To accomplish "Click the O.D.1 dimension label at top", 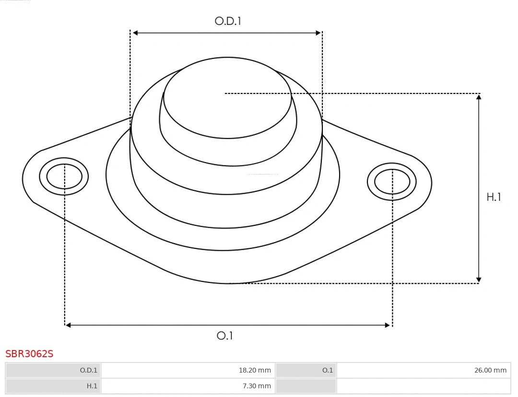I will pyautogui.click(x=227, y=21).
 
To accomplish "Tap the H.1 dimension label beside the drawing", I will pyautogui.click(x=494, y=197).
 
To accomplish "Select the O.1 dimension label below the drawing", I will pyautogui.click(x=224, y=336).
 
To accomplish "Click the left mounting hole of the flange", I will pyautogui.click(x=64, y=176).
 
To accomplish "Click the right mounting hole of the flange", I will pyautogui.click(x=392, y=182).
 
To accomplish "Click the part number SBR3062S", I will pyautogui.click(x=29, y=354).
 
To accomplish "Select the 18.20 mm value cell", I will pyautogui.click(x=188, y=370).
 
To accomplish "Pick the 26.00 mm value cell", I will pyautogui.click(x=424, y=370).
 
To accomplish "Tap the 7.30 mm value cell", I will pyautogui.click(x=188, y=385).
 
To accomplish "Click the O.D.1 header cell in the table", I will pyautogui.click(x=53, y=370).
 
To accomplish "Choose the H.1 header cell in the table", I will pyautogui.click(x=53, y=385).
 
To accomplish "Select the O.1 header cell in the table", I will pyautogui.click(x=306, y=370).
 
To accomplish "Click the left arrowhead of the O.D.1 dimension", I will pyautogui.click(x=135, y=33).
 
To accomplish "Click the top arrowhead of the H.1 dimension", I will pyautogui.click(x=478, y=97).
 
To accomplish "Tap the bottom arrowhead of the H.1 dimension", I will pyautogui.click(x=478, y=280).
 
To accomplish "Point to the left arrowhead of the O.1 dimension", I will pyautogui.click(x=68, y=325).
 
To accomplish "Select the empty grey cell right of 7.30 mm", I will pyautogui.click(x=306, y=385).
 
